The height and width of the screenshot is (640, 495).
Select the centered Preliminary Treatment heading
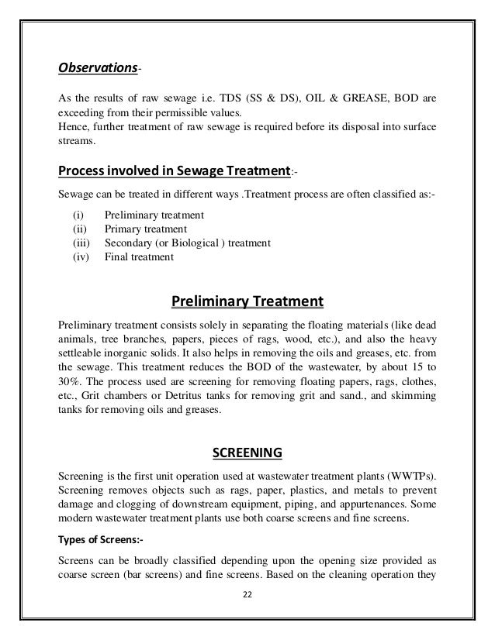coord(246,300)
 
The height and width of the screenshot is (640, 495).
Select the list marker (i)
coord(71,215)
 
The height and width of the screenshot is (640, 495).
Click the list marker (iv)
coord(72,256)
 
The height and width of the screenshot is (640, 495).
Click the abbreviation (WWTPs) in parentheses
coord(413,473)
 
